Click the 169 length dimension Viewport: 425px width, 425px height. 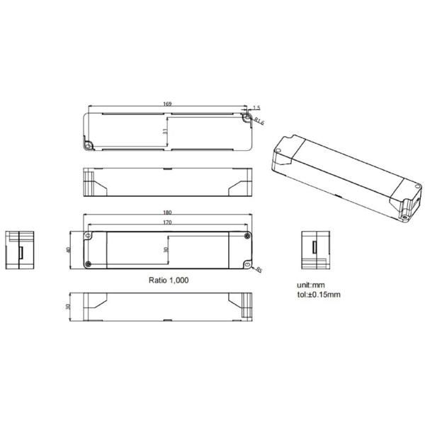167,104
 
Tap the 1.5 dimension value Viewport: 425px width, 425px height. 256,107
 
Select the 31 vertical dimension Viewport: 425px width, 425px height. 164,131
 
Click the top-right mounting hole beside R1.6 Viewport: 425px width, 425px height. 249,118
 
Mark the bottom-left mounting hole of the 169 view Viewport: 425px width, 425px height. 89,145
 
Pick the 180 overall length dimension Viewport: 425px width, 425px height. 167,212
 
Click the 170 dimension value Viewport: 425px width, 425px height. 167,222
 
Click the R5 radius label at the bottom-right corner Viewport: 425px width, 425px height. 260,270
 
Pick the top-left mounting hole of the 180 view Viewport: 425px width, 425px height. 89,234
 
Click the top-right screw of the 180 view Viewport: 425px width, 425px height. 246,234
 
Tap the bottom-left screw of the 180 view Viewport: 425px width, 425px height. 89,264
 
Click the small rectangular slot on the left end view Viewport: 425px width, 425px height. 21,251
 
